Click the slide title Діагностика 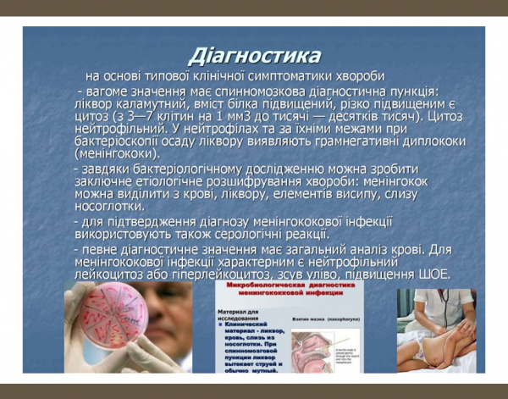pos(255,56)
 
